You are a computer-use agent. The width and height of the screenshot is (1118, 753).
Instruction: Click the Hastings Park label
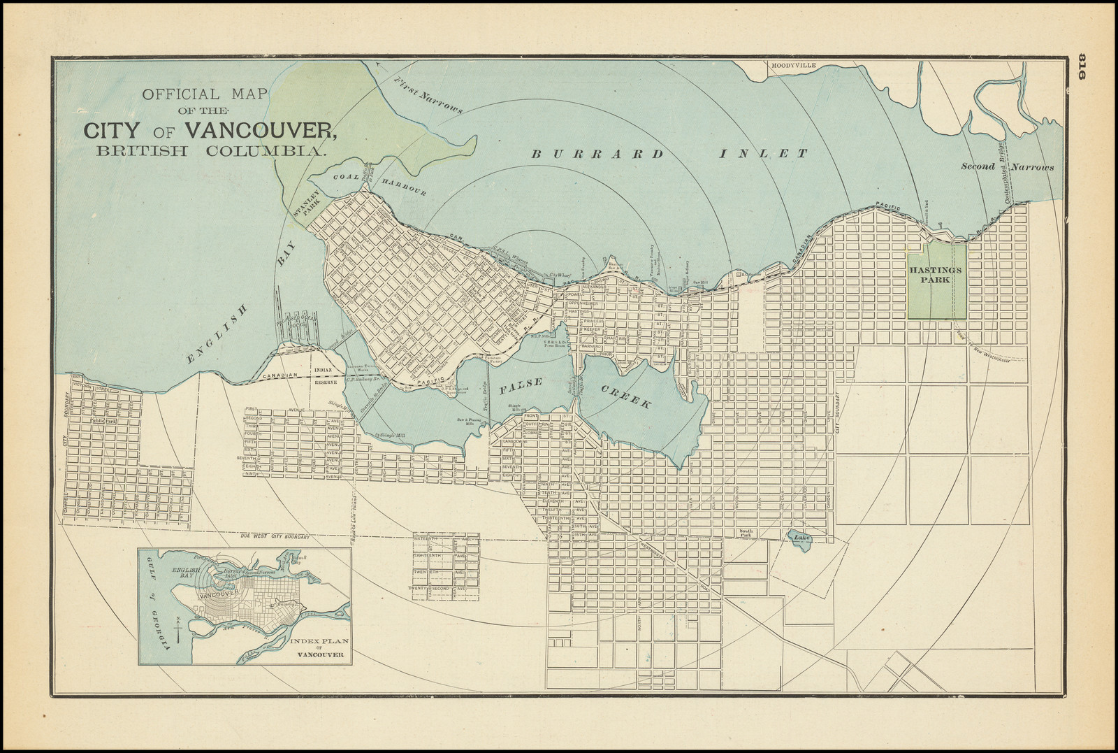pos(935,274)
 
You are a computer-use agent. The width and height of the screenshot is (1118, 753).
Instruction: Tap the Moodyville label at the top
pos(793,65)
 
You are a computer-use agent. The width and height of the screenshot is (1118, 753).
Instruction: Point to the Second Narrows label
pos(1006,166)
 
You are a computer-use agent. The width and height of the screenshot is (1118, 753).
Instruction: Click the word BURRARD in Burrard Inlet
pos(597,154)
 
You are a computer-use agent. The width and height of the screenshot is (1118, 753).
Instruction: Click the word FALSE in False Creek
pos(520,384)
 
